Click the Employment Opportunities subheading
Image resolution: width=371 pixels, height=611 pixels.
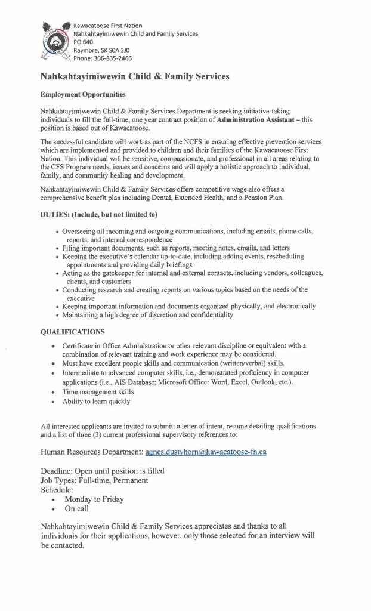point(83,95)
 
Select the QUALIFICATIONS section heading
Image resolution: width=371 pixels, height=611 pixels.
point(72,331)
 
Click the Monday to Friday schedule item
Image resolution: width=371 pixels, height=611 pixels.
point(94,499)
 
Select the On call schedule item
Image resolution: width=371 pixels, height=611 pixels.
point(77,509)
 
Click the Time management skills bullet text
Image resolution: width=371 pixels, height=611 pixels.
point(98,392)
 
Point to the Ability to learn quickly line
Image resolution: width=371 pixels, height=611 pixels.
point(95,402)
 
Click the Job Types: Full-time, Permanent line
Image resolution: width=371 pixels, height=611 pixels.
point(94,480)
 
